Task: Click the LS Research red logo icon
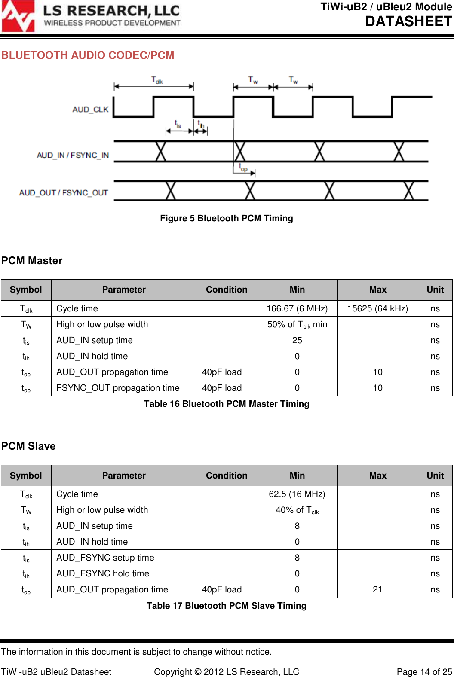tap(18, 16)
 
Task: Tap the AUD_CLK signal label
tap(90, 110)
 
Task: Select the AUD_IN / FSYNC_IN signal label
tap(73, 155)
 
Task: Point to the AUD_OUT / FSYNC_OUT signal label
tap(63, 192)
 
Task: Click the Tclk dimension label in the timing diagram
tap(157, 80)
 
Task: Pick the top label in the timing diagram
tap(243, 168)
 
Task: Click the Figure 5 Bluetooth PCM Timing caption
tap(227, 218)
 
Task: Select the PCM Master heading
tap(32, 261)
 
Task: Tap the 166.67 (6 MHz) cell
tap(297, 308)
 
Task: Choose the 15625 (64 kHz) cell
tap(377, 308)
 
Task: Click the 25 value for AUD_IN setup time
tap(297, 340)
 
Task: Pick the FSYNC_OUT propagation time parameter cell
tap(118, 388)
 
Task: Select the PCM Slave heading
tap(28, 446)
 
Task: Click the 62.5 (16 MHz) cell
tap(297, 494)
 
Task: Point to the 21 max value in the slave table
tap(377, 589)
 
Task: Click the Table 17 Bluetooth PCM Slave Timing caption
tap(227, 606)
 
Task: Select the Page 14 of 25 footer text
tap(424, 672)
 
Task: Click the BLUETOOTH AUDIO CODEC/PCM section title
tap(88, 55)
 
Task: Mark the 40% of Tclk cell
tap(297, 510)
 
